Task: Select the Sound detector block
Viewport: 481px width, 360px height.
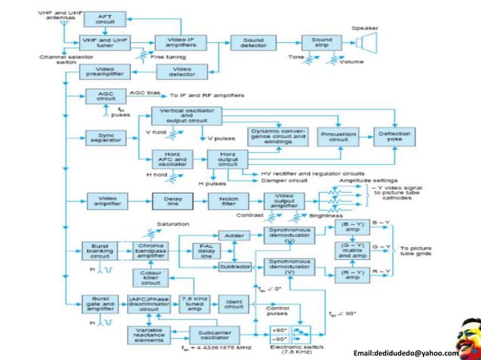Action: point(249,42)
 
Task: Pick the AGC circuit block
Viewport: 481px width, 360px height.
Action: point(106,96)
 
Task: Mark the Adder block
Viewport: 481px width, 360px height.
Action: point(234,235)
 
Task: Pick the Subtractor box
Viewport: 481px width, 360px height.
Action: point(234,267)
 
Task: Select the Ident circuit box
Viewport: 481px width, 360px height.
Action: point(235,304)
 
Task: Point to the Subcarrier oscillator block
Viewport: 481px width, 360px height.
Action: point(209,333)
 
